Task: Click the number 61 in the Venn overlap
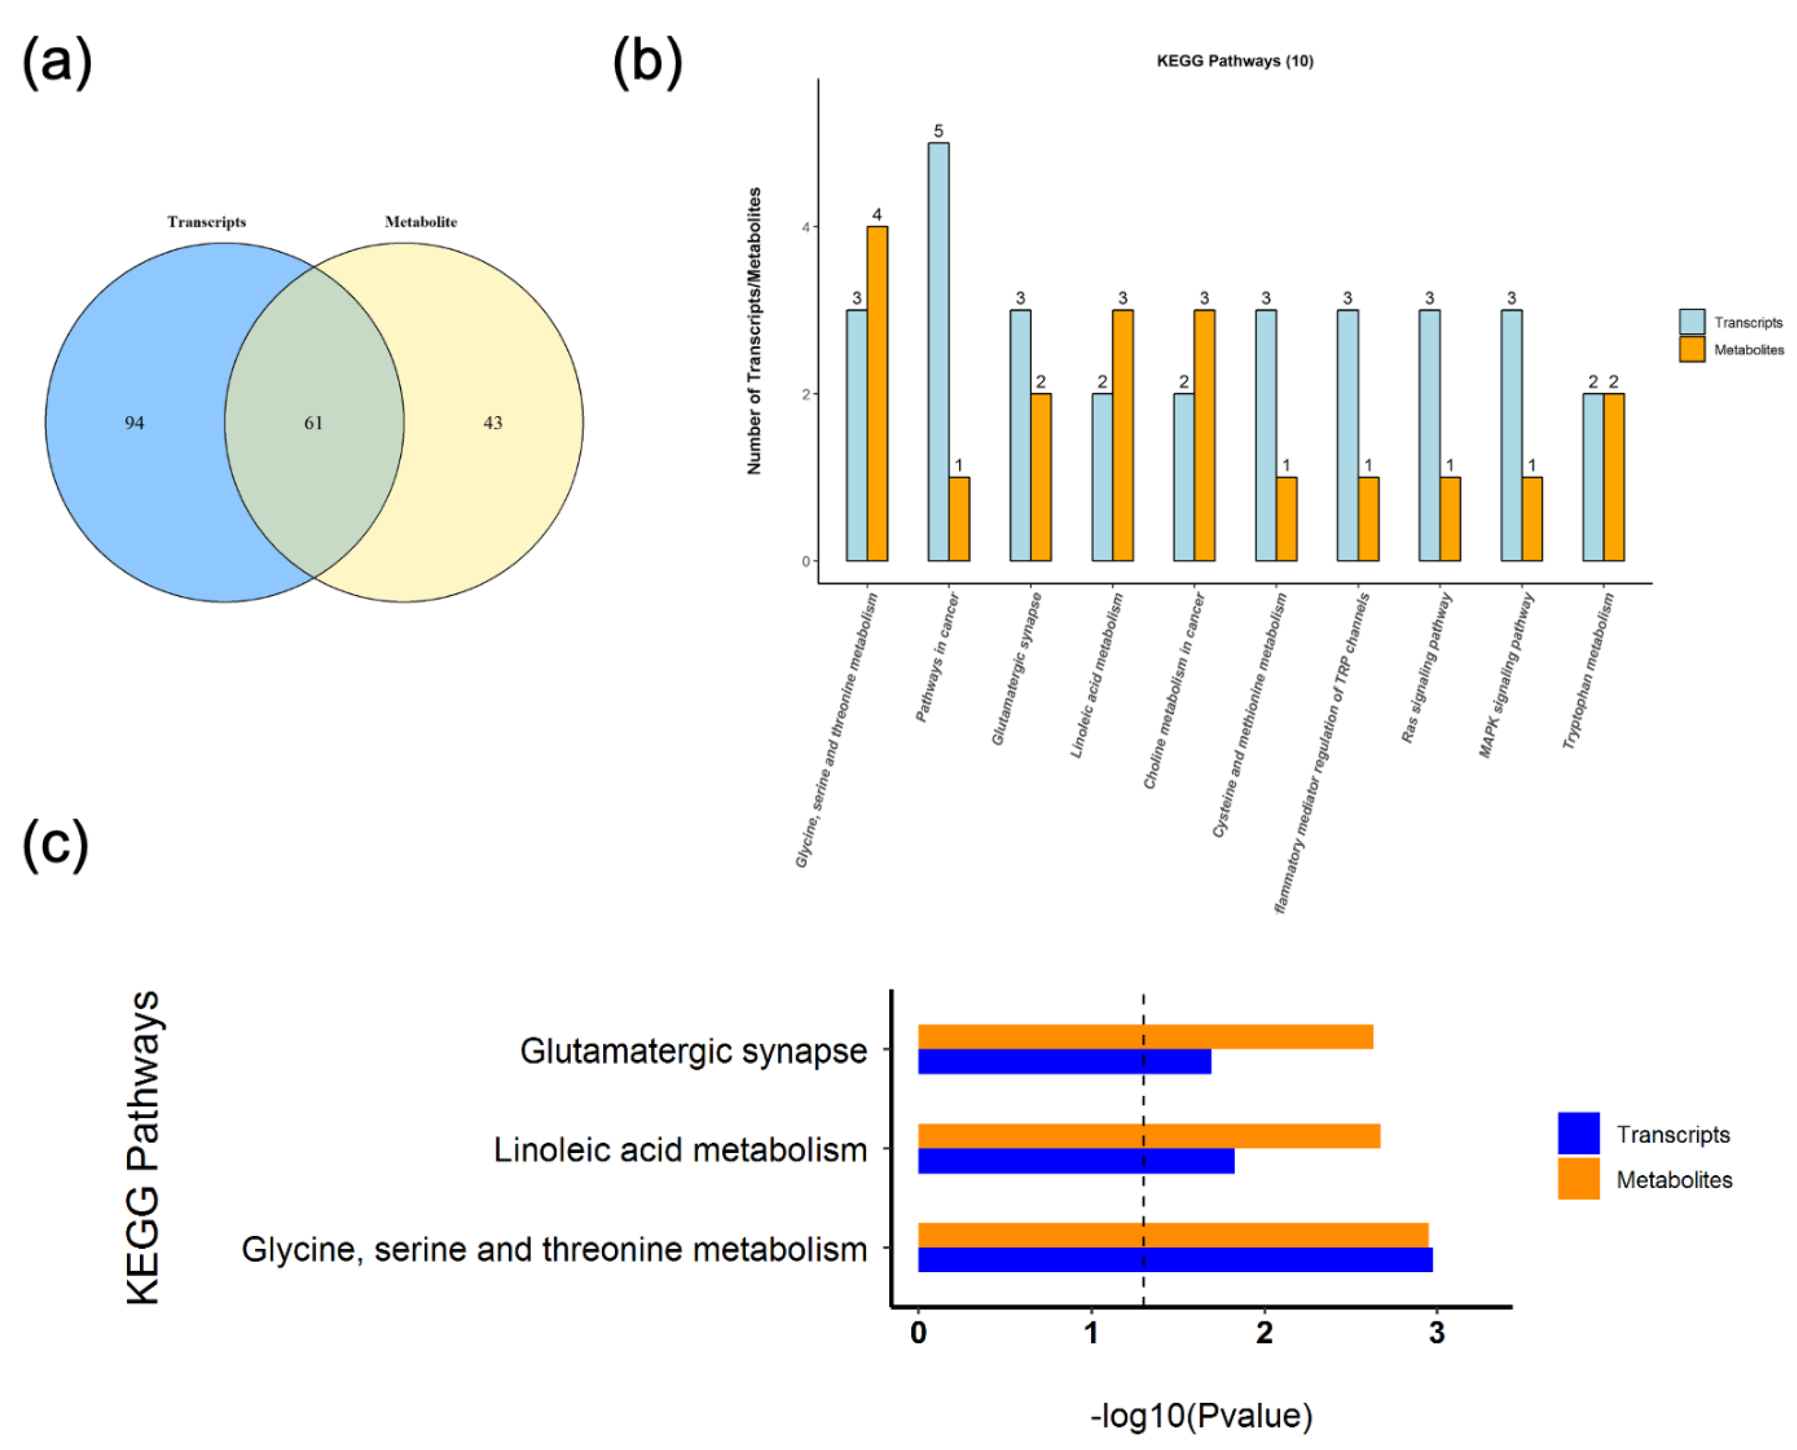click(x=313, y=422)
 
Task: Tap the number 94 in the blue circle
click(x=135, y=422)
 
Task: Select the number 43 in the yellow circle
click(x=493, y=422)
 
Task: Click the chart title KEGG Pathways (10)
click(x=1235, y=61)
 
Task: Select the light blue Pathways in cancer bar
click(x=938, y=351)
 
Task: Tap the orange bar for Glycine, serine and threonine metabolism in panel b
click(x=877, y=392)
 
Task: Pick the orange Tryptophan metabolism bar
click(x=1613, y=476)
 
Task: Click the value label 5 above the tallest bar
click(x=938, y=131)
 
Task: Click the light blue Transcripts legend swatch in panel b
click(x=1692, y=322)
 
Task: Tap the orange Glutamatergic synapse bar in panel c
click(x=1145, y=1037)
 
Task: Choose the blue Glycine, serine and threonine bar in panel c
click(x=1175, y=1260)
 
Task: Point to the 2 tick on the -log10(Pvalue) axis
click(x=1264, y=1333)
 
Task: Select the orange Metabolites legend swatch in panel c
click(x=1578, y=1178)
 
